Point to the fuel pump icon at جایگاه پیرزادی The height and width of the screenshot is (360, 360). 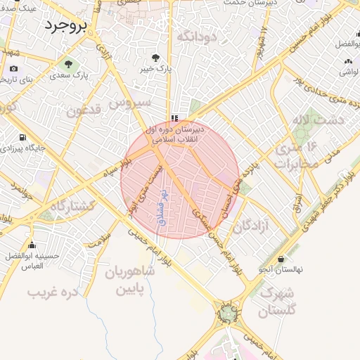23,137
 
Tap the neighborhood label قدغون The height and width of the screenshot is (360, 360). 85,110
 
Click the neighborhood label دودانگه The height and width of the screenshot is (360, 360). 195,35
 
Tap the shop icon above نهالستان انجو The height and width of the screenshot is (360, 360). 282,259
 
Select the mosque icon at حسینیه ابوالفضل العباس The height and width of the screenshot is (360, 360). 32,245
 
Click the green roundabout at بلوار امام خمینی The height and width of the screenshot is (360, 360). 228,315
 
